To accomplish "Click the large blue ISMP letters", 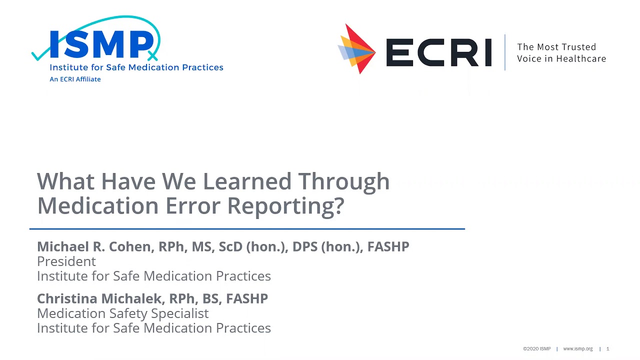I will click(x=101, y=45).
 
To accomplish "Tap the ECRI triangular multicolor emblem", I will click(x=356, y=49).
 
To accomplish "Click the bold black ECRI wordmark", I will click(x=438, y=52).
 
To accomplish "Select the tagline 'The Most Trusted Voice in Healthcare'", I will click(x=561, y=52).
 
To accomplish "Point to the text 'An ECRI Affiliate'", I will click(x=75, y=79).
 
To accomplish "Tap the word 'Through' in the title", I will click(x=344, y=181).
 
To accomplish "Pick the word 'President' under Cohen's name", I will click(x=66, y=261).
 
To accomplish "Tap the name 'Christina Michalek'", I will click(x=99, y=298).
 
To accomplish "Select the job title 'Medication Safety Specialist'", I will click(x=123, y=313).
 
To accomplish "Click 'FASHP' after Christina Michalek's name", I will click(x=247, y=298).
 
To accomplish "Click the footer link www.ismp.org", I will click(x=577, y=349).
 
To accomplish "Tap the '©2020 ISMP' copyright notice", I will click(x=536, y=349).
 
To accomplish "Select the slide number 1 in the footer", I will click(x=608, y=349).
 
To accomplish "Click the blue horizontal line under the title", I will click(x=247, y=228).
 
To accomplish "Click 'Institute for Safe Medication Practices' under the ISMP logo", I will click(x=136, y=67).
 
